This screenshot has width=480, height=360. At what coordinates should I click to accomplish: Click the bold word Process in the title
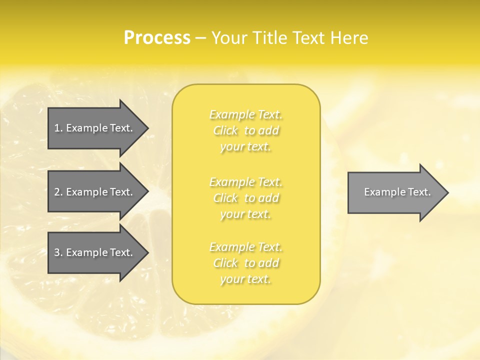pyautogui.click(x=157, y=38)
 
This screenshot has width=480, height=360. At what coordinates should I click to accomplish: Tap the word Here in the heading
pyautogui.click(x=350, y=38)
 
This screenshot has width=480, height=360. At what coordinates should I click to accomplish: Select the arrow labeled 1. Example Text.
pyautogui.click(x=94, y=128)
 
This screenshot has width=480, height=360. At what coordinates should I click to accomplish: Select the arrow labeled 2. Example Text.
pyautogui.click(x=94, y=192)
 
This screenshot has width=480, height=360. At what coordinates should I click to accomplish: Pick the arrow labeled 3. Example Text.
pyautogui.click(x=94, y=252)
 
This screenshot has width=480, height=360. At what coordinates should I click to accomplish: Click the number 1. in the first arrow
pyautogui.click(x=58, y=128)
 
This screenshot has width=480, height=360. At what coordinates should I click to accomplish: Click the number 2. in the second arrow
pyautogui.click(x=58, y=192)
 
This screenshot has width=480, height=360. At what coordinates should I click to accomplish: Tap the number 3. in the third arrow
pyautogui.click(x=58, y=252)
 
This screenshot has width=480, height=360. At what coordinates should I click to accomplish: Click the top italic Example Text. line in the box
pyautogui.click(x=245, y=115)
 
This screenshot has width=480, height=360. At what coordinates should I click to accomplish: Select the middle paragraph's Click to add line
pyautogui.click(x=245, y=198)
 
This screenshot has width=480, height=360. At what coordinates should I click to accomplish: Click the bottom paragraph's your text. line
pyautogui.click(x=245, y=279)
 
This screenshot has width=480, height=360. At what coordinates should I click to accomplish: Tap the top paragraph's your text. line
pyautogui.click(x=245, y=147)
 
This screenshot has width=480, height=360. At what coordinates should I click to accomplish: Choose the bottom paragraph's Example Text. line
pyautogui.click(x=245, y=247)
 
